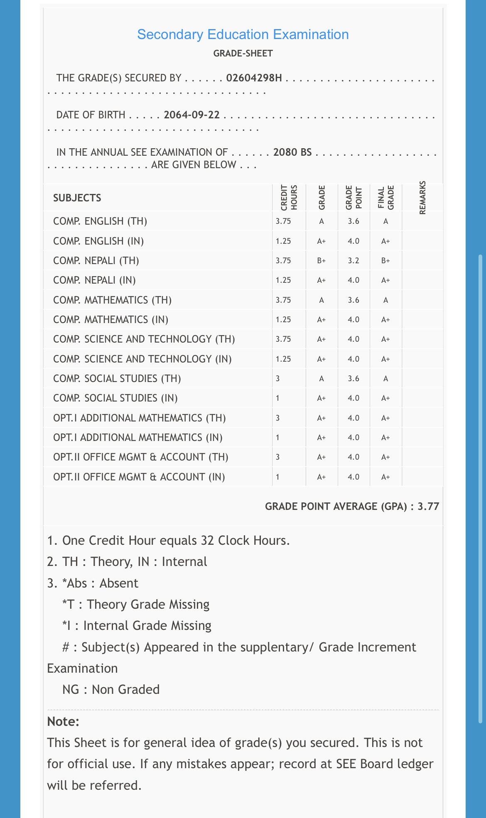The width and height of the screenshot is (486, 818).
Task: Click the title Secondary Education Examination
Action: [243, 34]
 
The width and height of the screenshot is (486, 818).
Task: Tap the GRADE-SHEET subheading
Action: [243, 54]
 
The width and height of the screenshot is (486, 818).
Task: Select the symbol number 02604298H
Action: [254, 78]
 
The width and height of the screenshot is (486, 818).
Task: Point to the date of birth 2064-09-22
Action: [192, 115]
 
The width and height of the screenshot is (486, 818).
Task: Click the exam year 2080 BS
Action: [292, 152]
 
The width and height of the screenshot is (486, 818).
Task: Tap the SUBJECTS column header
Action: [77, 198]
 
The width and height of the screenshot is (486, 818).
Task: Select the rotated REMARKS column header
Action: [423, 198]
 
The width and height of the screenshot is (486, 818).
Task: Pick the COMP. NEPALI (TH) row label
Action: [96, 261]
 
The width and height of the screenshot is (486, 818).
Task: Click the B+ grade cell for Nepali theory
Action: [322, 261]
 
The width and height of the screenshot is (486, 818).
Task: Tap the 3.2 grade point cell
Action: [353, 261]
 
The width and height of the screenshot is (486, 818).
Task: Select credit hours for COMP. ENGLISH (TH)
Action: [283, 221]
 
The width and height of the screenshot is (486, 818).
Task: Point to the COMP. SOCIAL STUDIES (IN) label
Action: [115, 398]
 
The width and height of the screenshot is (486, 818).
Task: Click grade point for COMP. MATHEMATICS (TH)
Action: [353, 300]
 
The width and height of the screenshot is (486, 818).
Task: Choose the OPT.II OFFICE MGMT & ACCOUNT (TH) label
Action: [141, 457]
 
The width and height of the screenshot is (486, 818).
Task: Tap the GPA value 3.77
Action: [428, 507]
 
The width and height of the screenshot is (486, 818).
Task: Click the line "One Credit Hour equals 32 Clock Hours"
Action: [168, 541]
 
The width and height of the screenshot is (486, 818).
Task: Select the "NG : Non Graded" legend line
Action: [111, 690]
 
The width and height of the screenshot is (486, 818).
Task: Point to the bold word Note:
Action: [63, 722]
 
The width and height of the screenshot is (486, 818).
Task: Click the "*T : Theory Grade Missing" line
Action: [136, 605]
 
